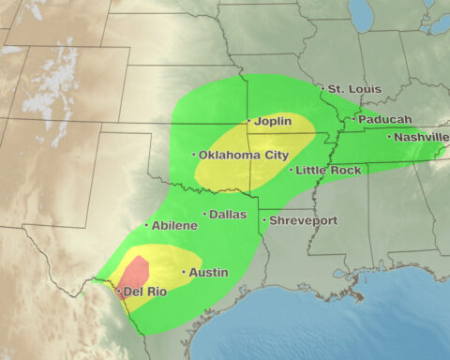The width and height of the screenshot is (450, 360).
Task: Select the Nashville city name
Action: click(x=420, y=137)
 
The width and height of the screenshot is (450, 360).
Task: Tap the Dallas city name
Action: click(x=227, y=215)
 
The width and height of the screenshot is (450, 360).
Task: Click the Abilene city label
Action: click(x=174, y=226)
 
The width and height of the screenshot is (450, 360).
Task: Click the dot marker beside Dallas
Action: click(x=205, y=215)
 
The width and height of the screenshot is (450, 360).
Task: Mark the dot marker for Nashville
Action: click(x=390, y=137)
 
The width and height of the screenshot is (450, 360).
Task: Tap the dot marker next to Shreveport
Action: click(x=265, y=221)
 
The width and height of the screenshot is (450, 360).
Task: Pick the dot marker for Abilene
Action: click(x=146, y=226)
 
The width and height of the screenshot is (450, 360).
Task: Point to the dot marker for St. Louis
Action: click(x=322, y=89)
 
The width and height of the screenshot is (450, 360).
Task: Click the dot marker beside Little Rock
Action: click(x=292, y=171)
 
